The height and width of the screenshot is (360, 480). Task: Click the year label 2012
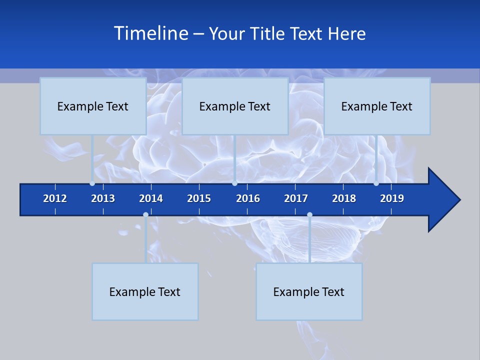point(55,198)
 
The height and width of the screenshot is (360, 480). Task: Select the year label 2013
point(103,198)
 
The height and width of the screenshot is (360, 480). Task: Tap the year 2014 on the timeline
point(151,198)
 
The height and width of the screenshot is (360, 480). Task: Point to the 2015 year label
point(199,198)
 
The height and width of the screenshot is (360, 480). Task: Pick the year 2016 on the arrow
point(248,198)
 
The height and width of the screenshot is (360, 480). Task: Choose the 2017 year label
point(296,198)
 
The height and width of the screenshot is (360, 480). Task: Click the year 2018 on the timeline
point(344,198)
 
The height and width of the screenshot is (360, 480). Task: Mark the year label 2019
point(392,198)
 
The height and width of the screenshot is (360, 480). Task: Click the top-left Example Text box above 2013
point(93,106)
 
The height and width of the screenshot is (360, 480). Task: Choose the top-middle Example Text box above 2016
point(235,106)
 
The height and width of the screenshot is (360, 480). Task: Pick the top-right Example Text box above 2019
point(377,106)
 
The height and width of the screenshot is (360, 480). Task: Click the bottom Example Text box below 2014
point(145,291)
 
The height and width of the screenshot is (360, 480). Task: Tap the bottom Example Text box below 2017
point(309,291)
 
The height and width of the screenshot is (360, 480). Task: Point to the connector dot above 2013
point(92,183)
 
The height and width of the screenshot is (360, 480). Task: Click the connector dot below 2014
point(145,215)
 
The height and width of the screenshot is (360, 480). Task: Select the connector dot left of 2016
point(234,183)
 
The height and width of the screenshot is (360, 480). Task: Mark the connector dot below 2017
point(309,215)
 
